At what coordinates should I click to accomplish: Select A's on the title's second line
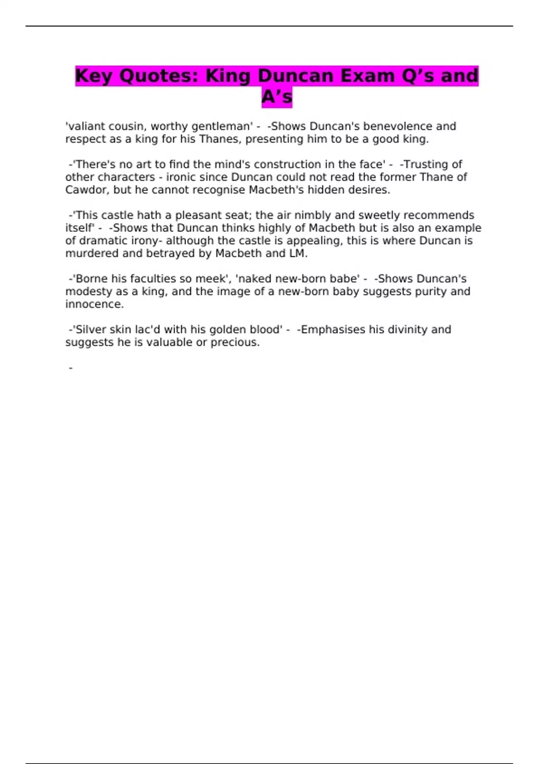click(x=277, y=97)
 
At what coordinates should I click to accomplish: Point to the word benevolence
click(x=399, y=126)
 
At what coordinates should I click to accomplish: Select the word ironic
click(x=181, y=177)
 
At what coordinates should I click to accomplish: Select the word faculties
click(x=153, y=279)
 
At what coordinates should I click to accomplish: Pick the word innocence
click(x=94, y=304)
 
